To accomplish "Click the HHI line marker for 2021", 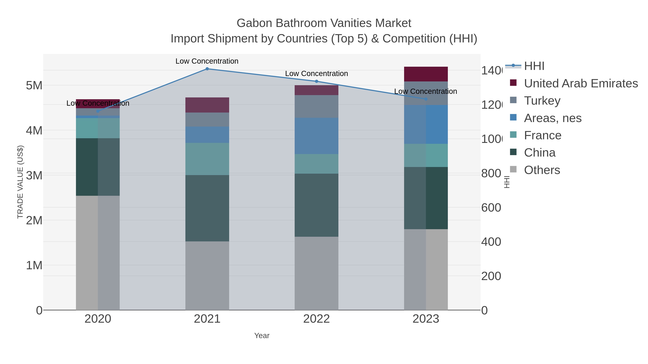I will [x=207, y=69].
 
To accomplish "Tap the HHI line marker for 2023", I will [x=426, y=99].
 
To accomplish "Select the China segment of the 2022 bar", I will [x=316, y=205].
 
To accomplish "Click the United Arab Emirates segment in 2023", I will [x=426, y=74].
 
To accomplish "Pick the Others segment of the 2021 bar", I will [x=207, y=276].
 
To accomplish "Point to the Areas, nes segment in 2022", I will [x=316, y=136].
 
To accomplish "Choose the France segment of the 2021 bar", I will [x=207, y=159].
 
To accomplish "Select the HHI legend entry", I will [x=534, y=66].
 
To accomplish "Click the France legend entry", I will [x=542, y=135].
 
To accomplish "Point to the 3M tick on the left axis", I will [x=34, y=175].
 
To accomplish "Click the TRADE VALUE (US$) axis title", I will [x=20, y=182].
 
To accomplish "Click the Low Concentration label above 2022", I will [x=316, y=74].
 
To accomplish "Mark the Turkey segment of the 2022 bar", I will [x=316, y=107].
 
